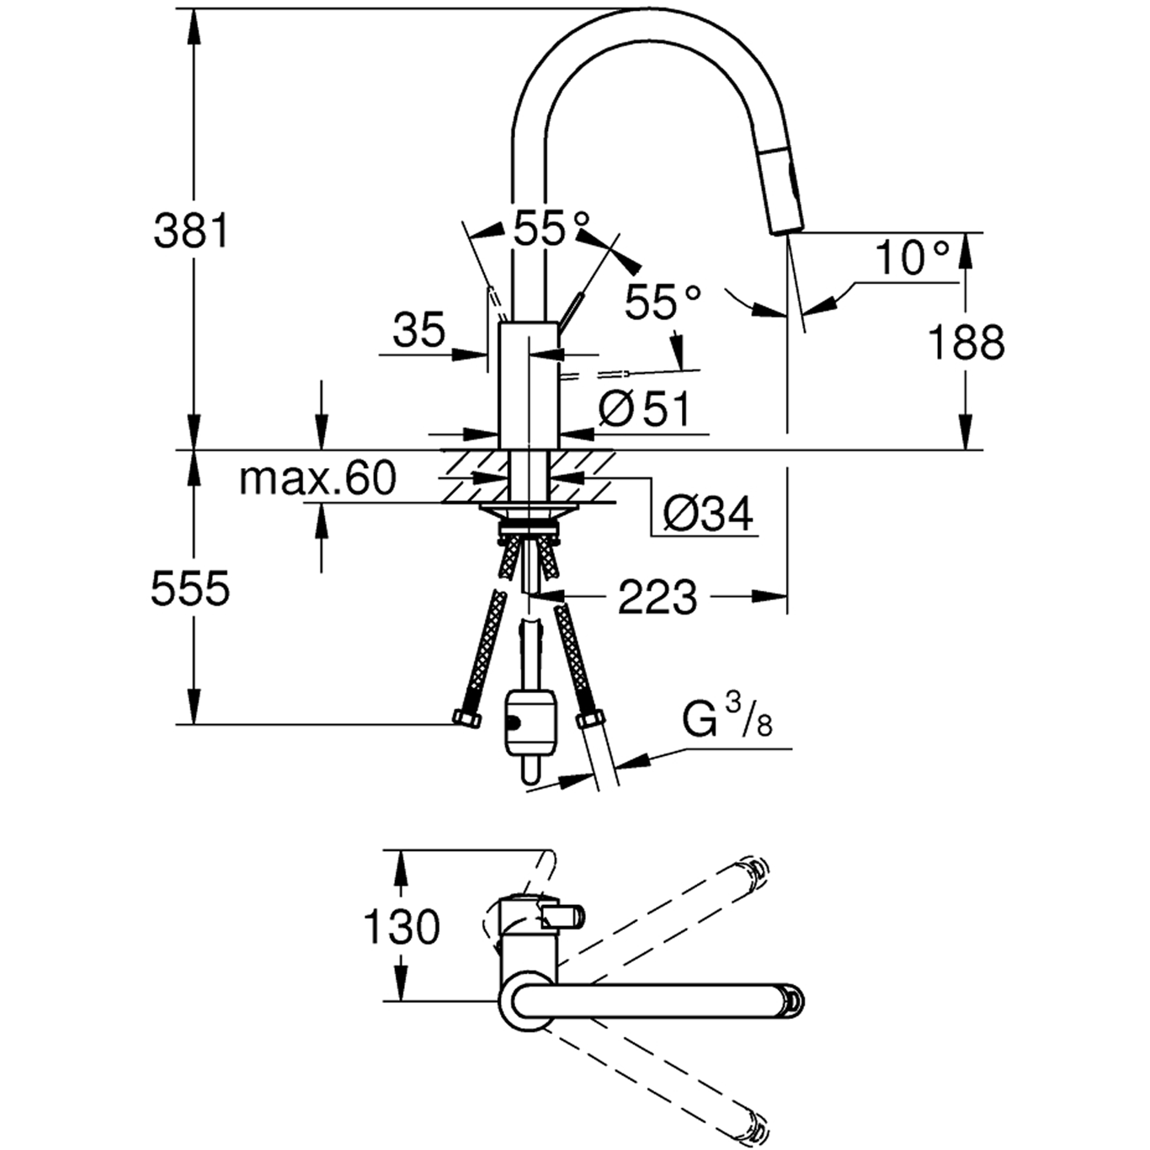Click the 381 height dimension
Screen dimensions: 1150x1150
point(191,231)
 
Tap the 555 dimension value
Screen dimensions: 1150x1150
point(190,588)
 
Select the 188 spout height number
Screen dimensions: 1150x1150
point(966,343)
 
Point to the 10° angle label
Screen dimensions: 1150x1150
point(913,258)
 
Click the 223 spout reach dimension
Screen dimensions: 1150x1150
point(658,598)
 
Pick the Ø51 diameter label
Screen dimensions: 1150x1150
point(645,410)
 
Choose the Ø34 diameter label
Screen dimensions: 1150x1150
point(708,513)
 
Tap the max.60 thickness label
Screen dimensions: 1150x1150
point(317,478)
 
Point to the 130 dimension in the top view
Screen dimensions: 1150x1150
point(401,927)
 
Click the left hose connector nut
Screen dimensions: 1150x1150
point(465,718)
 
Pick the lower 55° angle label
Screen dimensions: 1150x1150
point(663,302)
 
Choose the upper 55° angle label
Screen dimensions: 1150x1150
point(551,227)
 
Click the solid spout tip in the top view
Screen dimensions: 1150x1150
point(791,999)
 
